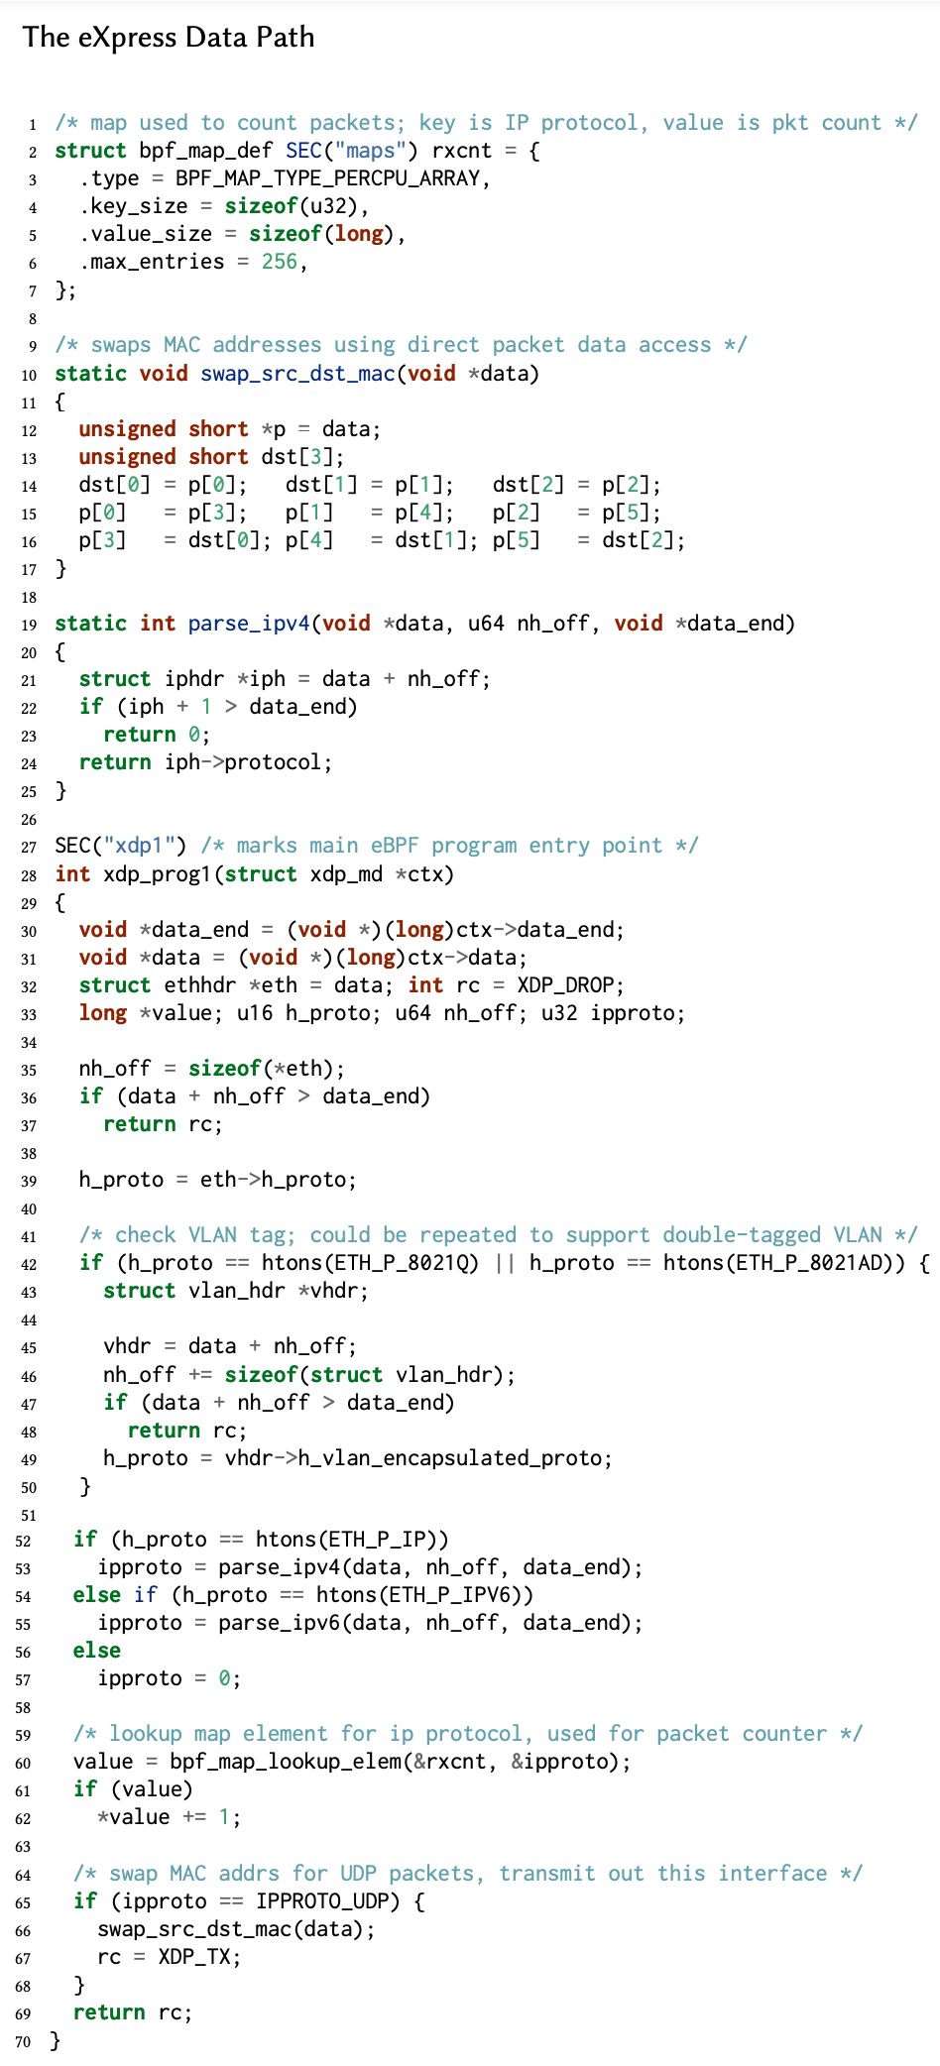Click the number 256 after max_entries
point(279,262)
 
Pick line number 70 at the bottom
point(24,2041)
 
